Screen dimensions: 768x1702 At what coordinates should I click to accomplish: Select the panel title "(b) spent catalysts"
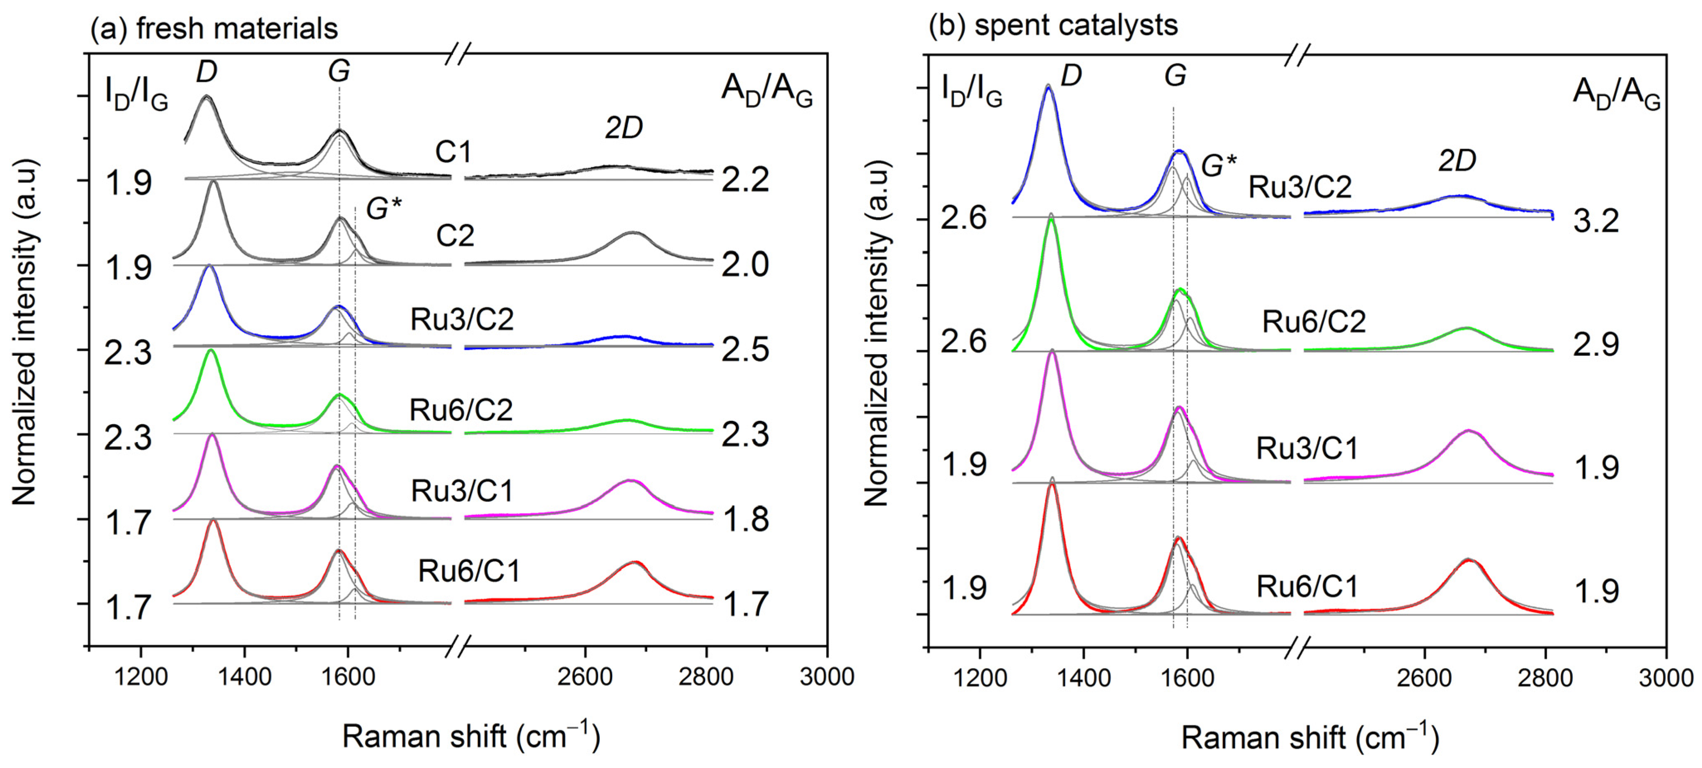tap(1053, 26)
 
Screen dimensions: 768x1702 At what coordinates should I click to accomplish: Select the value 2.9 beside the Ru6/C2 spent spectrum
tap(1595, 344)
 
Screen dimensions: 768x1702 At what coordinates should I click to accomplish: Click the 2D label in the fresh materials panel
tap(624, 128)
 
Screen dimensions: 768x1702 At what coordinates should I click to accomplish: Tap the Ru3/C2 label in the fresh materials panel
tap(462, 320)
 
